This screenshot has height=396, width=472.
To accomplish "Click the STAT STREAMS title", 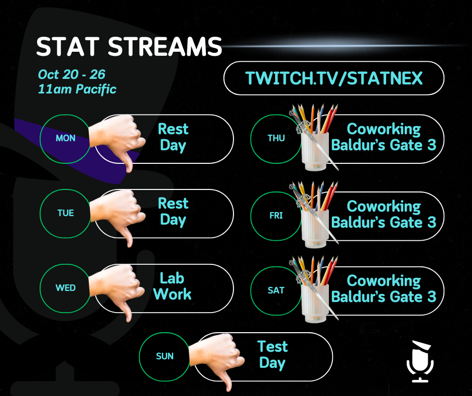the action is tap(129, 47).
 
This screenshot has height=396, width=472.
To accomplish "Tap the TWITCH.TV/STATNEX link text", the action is tap(334, 78).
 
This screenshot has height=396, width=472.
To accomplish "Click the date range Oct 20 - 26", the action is tap(72, 74).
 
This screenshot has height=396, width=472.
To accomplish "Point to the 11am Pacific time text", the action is tap(77, 89).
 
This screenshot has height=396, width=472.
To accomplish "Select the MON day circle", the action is tap(65, 139).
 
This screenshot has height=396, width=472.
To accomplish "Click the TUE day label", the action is tap(66, 213).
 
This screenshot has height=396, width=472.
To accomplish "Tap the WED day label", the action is tap(66, 288).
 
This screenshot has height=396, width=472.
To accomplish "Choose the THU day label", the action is tap(276, 138).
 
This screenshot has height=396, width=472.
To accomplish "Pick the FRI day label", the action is tap(276, 216).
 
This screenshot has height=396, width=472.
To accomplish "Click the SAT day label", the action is tap(276, 290).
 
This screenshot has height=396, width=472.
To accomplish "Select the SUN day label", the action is tap(165, 356).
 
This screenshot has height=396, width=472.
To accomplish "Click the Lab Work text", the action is tap(172, 286).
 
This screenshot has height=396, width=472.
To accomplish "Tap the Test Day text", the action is tap(273, 355).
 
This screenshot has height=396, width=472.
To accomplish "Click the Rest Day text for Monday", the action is tap(173, 137).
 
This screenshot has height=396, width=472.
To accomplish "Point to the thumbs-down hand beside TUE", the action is tap(118, 216).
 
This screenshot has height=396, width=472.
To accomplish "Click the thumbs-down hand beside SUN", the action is tap(217, 359).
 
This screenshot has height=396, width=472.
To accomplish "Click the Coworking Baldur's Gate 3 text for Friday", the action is tap(384, 214).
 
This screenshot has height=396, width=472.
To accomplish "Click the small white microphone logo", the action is tap(420, 362).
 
